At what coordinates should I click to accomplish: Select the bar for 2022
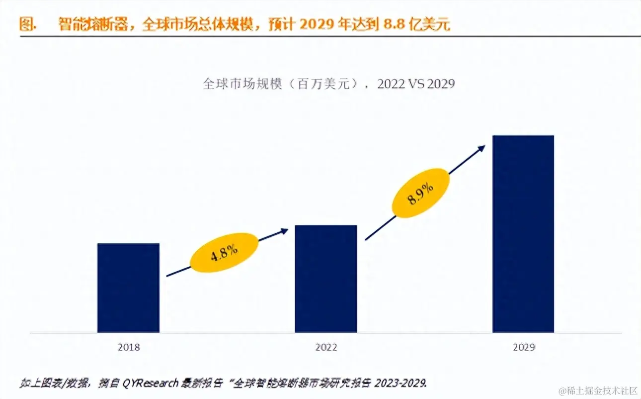[x=326, y=279]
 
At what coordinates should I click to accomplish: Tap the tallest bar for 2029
[x=523, y=234]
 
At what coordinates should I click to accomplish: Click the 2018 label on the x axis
[x=129, y=347]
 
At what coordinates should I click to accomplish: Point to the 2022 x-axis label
[x=326, y=347]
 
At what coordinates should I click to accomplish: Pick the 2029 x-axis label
[x=524, y=347]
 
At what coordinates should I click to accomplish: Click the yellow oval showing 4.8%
[x=225, y=253]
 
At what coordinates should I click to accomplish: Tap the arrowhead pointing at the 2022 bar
[x=285, y=230]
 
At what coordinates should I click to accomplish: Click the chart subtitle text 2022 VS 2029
[x=416, y=84]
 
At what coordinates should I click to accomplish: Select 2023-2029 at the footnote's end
[x=402, y=383]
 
